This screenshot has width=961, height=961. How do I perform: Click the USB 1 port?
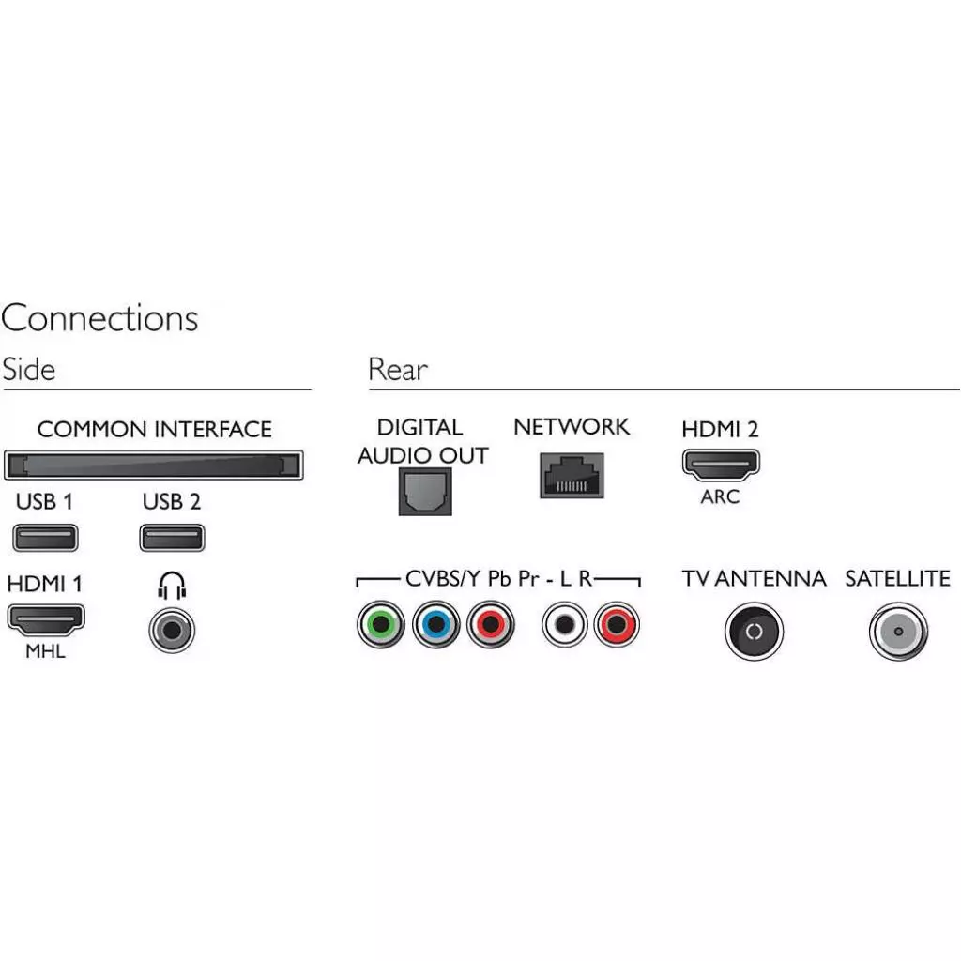click(45, 538)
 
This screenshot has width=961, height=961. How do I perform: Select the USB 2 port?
click(172, 538)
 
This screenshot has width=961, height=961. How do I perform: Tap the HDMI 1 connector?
click(46, 618)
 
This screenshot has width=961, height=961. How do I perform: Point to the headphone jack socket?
click(172, 629)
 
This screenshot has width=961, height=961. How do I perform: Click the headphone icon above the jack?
click(172, 587)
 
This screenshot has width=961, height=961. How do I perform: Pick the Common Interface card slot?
click(154, 465)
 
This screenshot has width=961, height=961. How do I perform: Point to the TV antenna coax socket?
click(754, 632)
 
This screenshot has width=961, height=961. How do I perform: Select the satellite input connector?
click(898, 632)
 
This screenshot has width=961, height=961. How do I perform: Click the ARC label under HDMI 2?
click(720, 496)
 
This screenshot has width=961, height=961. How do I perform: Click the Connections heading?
click(99, 318)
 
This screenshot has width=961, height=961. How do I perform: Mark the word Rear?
click(398, 370)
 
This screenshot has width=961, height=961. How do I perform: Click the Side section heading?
click(29, 369)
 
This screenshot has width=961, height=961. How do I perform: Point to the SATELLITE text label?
click(897, 578)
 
